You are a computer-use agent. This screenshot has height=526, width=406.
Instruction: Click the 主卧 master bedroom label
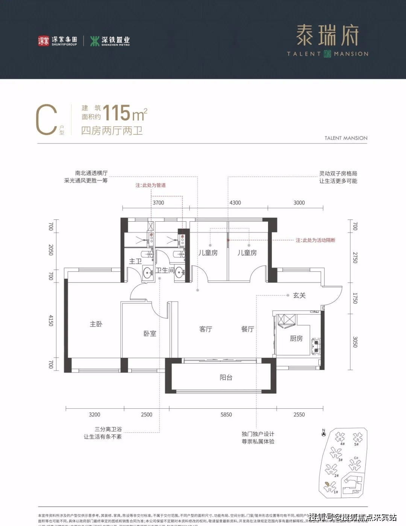point(96,324)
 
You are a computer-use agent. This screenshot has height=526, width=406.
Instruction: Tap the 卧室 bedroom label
point(150,334)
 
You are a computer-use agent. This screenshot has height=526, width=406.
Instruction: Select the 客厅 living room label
point(206,329)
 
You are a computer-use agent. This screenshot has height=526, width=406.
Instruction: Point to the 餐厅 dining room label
point(248,329)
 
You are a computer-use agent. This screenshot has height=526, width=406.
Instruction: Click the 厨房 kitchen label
point(296,339)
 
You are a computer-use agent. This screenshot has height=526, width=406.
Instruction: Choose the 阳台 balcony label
point(226,378)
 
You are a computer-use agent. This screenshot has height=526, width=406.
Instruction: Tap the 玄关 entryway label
point(299,295)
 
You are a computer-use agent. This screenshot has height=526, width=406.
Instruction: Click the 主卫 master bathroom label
point(135,261)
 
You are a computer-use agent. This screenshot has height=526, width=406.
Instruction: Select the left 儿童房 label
point(208,253)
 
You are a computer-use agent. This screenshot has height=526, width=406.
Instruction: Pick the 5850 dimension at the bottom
point(226,414)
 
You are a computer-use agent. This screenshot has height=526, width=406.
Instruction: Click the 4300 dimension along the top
point(235,203)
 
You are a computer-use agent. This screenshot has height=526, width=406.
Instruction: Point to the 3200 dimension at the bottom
point(94,414)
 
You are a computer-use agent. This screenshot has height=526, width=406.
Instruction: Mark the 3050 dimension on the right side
point(355,342)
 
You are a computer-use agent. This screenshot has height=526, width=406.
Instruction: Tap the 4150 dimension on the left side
point(51,320)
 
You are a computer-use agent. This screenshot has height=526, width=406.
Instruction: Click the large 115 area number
point(117,113)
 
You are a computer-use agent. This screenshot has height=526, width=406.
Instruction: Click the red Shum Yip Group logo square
point(44,41)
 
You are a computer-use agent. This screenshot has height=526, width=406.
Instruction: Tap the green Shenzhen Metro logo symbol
point(95,41)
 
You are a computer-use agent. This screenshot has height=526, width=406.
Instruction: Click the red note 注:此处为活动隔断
point(315,240)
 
